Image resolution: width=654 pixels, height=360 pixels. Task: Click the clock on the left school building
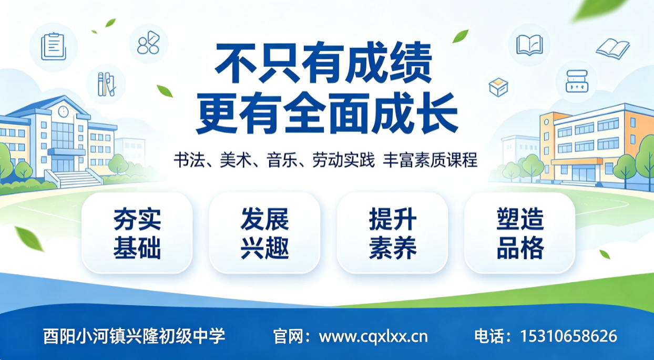[x=63, y=111]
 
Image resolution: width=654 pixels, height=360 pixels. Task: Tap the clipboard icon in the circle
[x=54, y=47]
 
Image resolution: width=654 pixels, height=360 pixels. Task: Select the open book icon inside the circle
[x=529, y=45]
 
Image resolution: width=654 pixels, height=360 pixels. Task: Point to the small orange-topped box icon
[x=498, y=87]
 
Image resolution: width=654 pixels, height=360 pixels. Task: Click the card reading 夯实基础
[x=137, y=233]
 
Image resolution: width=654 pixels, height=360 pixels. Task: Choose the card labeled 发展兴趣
[x=264, y=233]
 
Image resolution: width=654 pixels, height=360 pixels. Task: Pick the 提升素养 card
[x=392, y=233]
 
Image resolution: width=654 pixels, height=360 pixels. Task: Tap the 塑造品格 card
[x=520, y=233]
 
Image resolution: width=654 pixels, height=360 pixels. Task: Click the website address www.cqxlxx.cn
[x=373, y=336]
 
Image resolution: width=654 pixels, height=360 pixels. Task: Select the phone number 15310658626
[x=568, y=336]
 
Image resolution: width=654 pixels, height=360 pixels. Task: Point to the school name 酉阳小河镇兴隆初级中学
[x=134, y=336]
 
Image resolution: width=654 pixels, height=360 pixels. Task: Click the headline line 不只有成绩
[x=323, y=63]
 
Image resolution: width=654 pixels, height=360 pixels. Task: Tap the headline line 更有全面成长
[x=326, y=113]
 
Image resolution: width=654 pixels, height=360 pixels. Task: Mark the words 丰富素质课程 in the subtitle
[x=430, y=160]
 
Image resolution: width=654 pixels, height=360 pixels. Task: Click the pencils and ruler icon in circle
[x=106, y=84]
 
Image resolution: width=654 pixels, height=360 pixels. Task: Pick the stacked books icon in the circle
[x=577, y=81]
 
